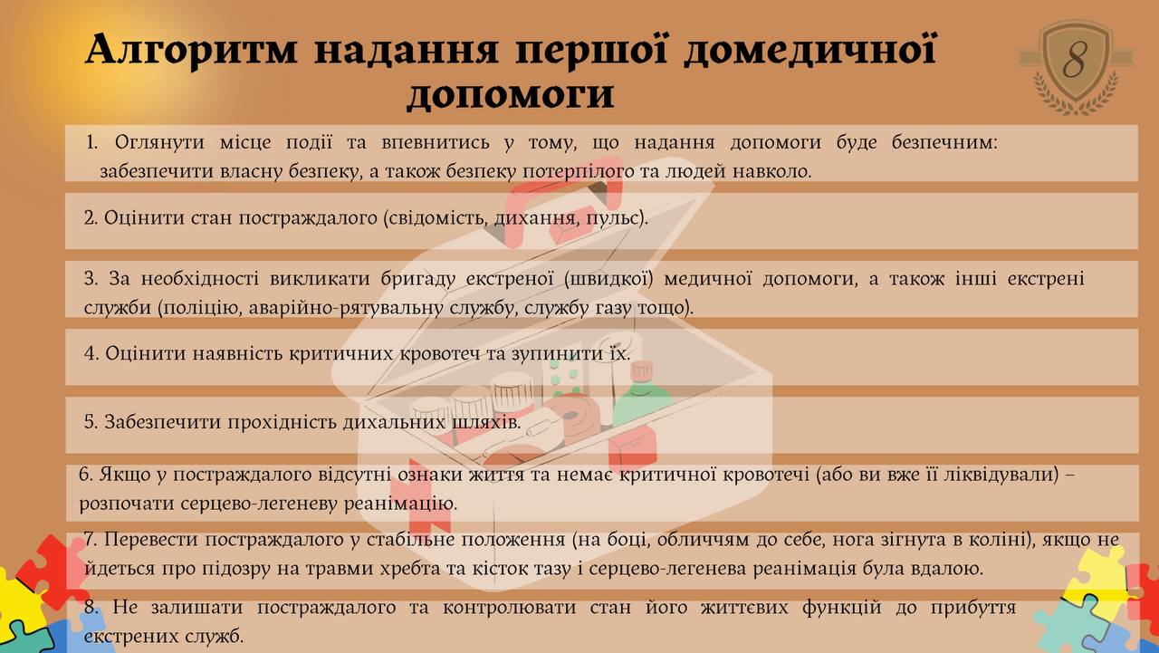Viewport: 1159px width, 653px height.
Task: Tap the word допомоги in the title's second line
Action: (511, 94)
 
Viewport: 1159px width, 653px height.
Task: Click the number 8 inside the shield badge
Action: (1075, 60)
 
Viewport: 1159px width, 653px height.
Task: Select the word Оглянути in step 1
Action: (159, 142)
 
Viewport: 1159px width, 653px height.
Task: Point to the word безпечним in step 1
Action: (944, 142)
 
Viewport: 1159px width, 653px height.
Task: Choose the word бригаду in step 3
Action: (417, 279)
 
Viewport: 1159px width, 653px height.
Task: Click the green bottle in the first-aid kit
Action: (642, 396)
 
